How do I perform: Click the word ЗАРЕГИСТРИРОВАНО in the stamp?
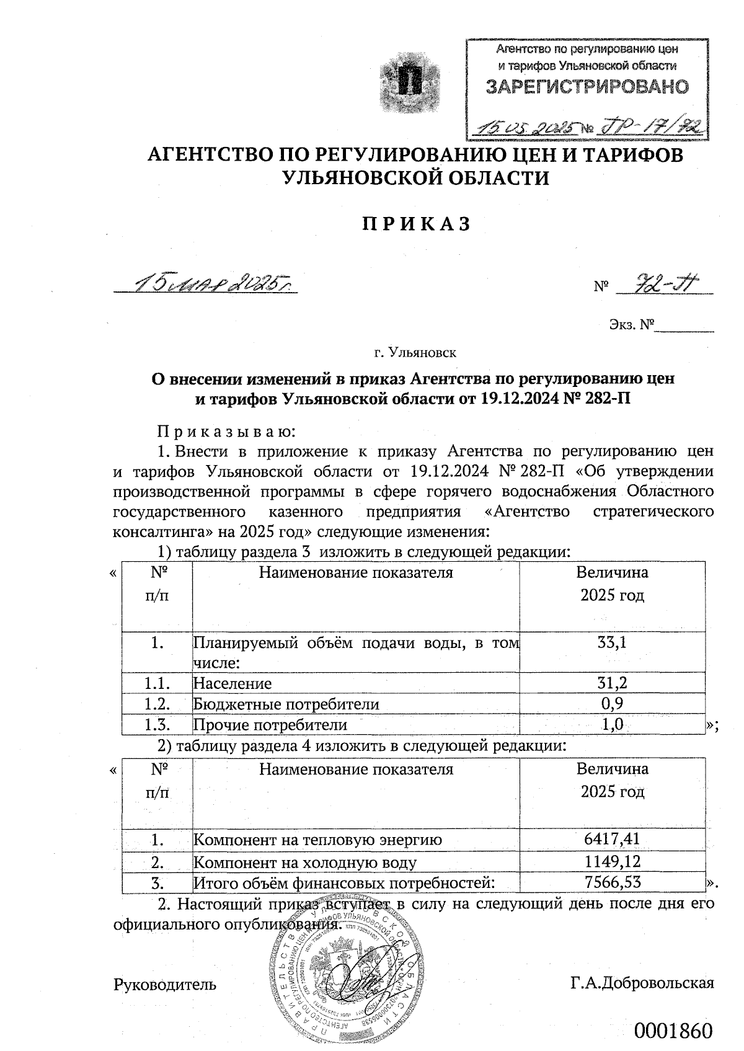click(587, 87)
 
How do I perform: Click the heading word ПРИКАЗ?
click(416, 224)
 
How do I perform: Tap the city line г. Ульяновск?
click(415, 353)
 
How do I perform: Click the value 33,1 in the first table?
click(611, 642)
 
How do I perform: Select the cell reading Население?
click(232, 684)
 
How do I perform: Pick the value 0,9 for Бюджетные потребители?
click(612, 704)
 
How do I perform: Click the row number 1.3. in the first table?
click(157, 724)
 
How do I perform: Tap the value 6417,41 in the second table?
click(611, 840)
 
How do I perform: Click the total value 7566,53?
click(612, 882)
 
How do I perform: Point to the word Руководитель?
click(165, 983)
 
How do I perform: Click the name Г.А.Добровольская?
click(642, 983)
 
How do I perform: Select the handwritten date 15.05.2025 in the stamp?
click(525, 127)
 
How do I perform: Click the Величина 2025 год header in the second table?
click(612, 780)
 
